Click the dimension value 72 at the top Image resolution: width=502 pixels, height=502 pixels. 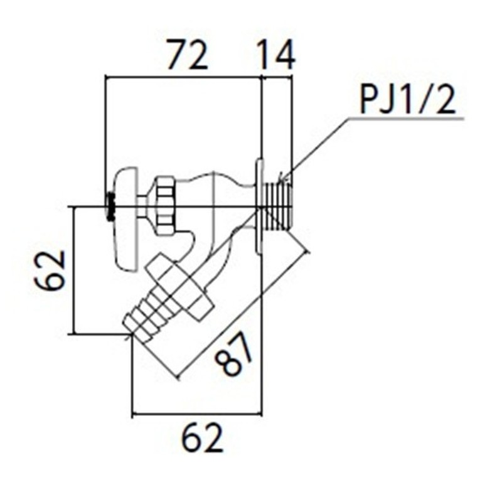[186, 56]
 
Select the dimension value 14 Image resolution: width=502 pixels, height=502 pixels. [276, 56]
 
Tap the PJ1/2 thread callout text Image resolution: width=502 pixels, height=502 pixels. [408, 100]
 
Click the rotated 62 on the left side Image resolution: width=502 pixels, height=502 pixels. [51, 270]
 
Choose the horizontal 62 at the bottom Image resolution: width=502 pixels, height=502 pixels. [202, 439]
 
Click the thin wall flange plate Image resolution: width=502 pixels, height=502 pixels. [259, 206]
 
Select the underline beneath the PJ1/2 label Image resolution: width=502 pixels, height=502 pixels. [408, 118]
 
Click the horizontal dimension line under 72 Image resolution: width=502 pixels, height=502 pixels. [182, 77]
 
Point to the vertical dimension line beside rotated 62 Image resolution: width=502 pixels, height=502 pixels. [74, 270]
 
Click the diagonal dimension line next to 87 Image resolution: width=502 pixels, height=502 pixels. [245, 314]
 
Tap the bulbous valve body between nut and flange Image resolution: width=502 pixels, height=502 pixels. [216, 201]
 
